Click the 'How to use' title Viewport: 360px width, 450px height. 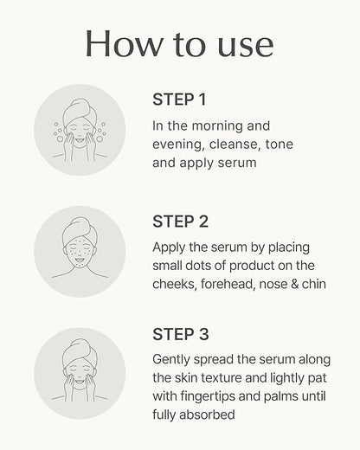180,43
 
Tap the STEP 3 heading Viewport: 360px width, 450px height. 180,334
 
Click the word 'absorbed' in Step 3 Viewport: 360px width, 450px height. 221,415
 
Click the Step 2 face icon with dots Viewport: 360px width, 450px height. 80,252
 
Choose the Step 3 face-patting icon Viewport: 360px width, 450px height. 80,373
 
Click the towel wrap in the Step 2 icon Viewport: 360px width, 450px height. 80,227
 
